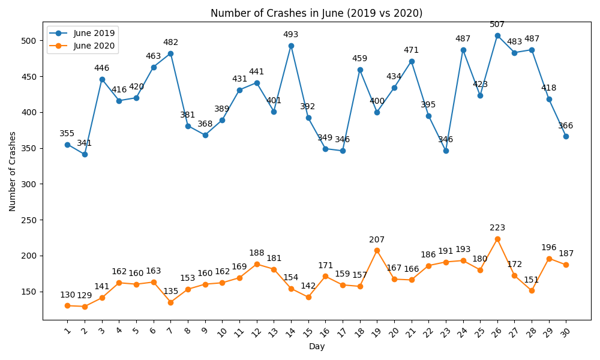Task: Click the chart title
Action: (316, 13)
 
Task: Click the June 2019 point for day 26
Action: (497, 35)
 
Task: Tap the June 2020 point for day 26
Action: (497, 239)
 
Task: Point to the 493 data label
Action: (291, 35)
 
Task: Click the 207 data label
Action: (377, 240)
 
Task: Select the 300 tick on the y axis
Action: (30, 184)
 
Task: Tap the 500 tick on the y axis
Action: (30, 41)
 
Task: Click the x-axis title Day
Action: (317, 347)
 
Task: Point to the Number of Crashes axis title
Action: (13, 171)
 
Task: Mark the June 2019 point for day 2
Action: (85, 154)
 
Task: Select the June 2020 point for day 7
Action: (170, 302)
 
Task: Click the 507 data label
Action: (497, 25)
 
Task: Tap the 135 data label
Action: (170, 292)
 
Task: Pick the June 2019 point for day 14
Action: (291, 46)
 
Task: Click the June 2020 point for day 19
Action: (377, 250)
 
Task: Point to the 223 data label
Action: (497, 228)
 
